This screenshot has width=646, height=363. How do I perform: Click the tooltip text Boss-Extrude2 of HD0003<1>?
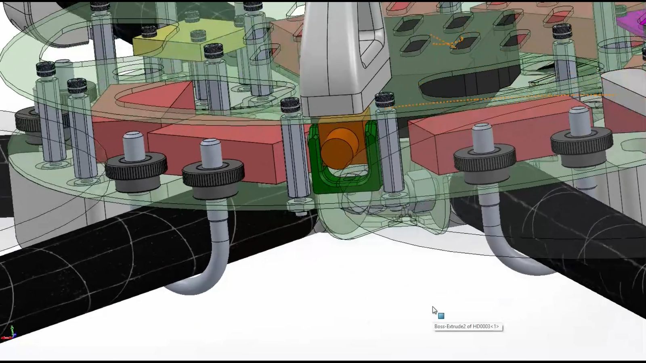[466, 326]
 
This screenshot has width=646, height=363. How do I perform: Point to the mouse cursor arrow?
[434, 310]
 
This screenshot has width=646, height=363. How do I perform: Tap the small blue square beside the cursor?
[441, 316]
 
